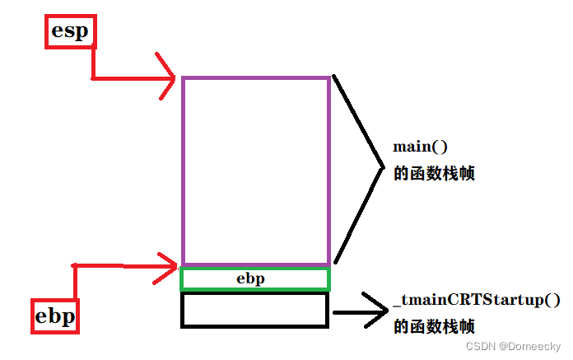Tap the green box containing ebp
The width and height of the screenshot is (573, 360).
tap(254, 279)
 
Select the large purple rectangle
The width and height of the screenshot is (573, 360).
tap(256, 171)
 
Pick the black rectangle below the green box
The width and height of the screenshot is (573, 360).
tap(254, 310)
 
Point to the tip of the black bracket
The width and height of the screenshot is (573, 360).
tap(384, 169)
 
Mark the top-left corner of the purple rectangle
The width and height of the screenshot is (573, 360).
tap(183, 78)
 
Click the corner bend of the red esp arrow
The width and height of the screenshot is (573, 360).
tap(92, 78)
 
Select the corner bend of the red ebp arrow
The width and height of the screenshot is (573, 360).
tap(74, 265)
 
